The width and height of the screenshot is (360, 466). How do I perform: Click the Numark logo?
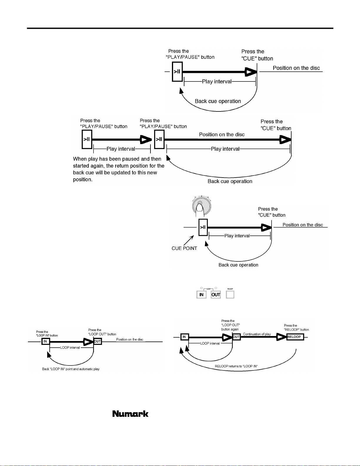[130, 414]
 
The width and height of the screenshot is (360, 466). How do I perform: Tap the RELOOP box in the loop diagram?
[295, 337]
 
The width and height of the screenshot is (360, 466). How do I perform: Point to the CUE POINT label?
[184, 248]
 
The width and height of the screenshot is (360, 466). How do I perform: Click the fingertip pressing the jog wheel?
[200, 208]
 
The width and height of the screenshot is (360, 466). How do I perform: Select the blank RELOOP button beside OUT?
[230, 295]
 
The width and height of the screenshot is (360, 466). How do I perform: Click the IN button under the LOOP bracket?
[201, 295]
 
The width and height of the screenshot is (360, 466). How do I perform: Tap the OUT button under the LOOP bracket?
[216, 295]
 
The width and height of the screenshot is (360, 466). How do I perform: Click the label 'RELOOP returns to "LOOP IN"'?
[236, 366]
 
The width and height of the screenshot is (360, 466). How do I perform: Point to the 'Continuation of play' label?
[257, 334]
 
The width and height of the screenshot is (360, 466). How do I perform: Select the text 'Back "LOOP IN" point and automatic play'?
[71, 369]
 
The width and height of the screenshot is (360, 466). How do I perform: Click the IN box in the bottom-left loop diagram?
[45, 341]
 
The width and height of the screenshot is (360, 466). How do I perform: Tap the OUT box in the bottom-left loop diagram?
[98, 341]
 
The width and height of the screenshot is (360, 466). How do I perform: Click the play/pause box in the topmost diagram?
[177, 71]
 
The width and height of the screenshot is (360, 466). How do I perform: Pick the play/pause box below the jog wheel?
[203, 227]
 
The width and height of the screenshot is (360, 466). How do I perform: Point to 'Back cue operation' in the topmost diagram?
[218, 101]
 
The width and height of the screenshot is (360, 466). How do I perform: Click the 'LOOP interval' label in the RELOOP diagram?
[210, 343]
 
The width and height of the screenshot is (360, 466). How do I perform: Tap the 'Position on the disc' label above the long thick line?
[222, 135]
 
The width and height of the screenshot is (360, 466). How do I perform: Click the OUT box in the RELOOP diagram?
[237, 337]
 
